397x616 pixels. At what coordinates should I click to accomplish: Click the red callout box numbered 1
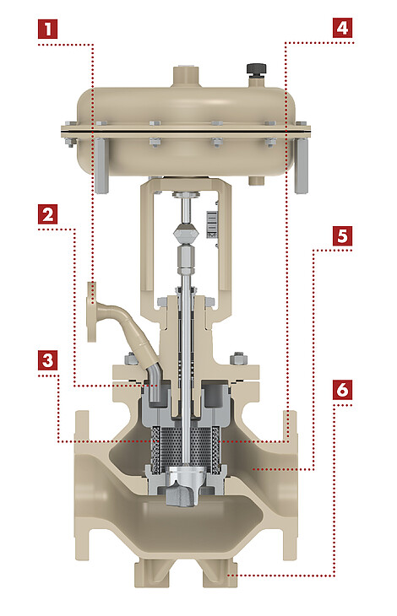(48, 29)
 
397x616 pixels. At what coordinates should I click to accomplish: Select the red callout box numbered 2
(48, 214)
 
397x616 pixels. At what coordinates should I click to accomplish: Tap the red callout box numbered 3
(48, 360)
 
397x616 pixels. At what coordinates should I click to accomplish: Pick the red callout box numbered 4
(342, 28)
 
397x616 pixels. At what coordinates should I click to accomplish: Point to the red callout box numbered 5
(342, 236)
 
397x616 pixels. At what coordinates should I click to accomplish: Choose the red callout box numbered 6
(342, 390)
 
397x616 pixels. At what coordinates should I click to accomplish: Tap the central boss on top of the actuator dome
(186, 75)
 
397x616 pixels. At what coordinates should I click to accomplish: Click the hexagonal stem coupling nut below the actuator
(185, 233)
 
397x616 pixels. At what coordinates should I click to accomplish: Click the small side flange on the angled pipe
(91, 311)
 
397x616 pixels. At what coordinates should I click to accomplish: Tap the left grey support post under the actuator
(101, 165)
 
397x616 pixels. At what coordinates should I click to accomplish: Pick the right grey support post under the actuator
(302, 165)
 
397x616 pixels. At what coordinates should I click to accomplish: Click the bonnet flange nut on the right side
(238, 359)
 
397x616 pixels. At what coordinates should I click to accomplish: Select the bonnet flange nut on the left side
(131, 359)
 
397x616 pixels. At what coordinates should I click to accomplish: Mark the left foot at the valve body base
(153, 574)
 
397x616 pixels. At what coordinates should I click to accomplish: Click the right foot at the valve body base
(220, 574)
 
